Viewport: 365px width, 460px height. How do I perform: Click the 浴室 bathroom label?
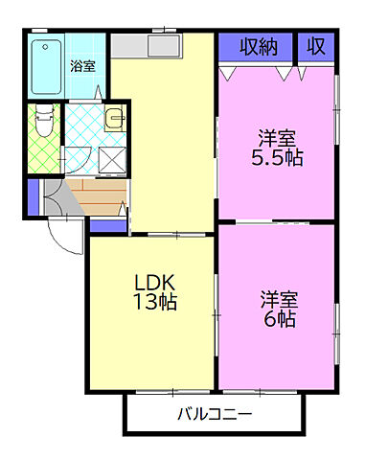(82, 66)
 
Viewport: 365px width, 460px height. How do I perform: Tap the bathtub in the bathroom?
(47, 67)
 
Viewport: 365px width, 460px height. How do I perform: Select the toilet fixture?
(44, 120)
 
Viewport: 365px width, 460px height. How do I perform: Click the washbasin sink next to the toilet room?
(115, 118)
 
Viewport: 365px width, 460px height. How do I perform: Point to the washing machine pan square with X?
(112, 160)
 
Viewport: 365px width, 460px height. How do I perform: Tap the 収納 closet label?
(259, 47)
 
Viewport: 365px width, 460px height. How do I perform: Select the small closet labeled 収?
(316, 48)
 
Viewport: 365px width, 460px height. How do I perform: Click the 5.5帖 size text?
(277, 158)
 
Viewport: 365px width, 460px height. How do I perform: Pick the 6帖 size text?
(280, 319)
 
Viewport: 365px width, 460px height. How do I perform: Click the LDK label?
(154, 283)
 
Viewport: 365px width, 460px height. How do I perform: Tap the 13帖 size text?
(155, 301)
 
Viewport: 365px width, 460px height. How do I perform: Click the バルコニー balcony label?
(215, 415)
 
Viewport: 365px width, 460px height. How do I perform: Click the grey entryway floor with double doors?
(59, 197)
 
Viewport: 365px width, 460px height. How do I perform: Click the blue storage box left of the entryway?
(34, 197)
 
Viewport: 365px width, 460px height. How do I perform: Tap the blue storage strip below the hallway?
(108, 226)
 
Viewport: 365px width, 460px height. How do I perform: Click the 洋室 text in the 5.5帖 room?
(277, 138)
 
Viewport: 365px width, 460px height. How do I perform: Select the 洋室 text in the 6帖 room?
(279, 300)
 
